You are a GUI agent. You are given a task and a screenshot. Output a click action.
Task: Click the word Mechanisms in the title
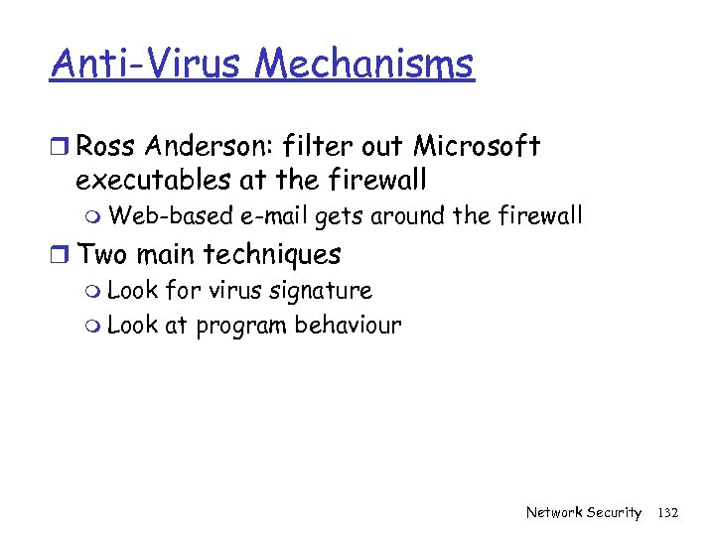click(364, 64)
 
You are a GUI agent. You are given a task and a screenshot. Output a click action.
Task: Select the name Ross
click(108, 147)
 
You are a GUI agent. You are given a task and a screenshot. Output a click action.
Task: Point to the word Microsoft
click(477, 147)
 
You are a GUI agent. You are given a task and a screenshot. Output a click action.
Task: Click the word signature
click(324, 291)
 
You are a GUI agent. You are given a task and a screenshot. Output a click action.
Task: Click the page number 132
click(667, 512)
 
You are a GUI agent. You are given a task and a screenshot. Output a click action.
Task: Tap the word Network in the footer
click(554, 512)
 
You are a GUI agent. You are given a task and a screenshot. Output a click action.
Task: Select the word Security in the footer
click(614, 512)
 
